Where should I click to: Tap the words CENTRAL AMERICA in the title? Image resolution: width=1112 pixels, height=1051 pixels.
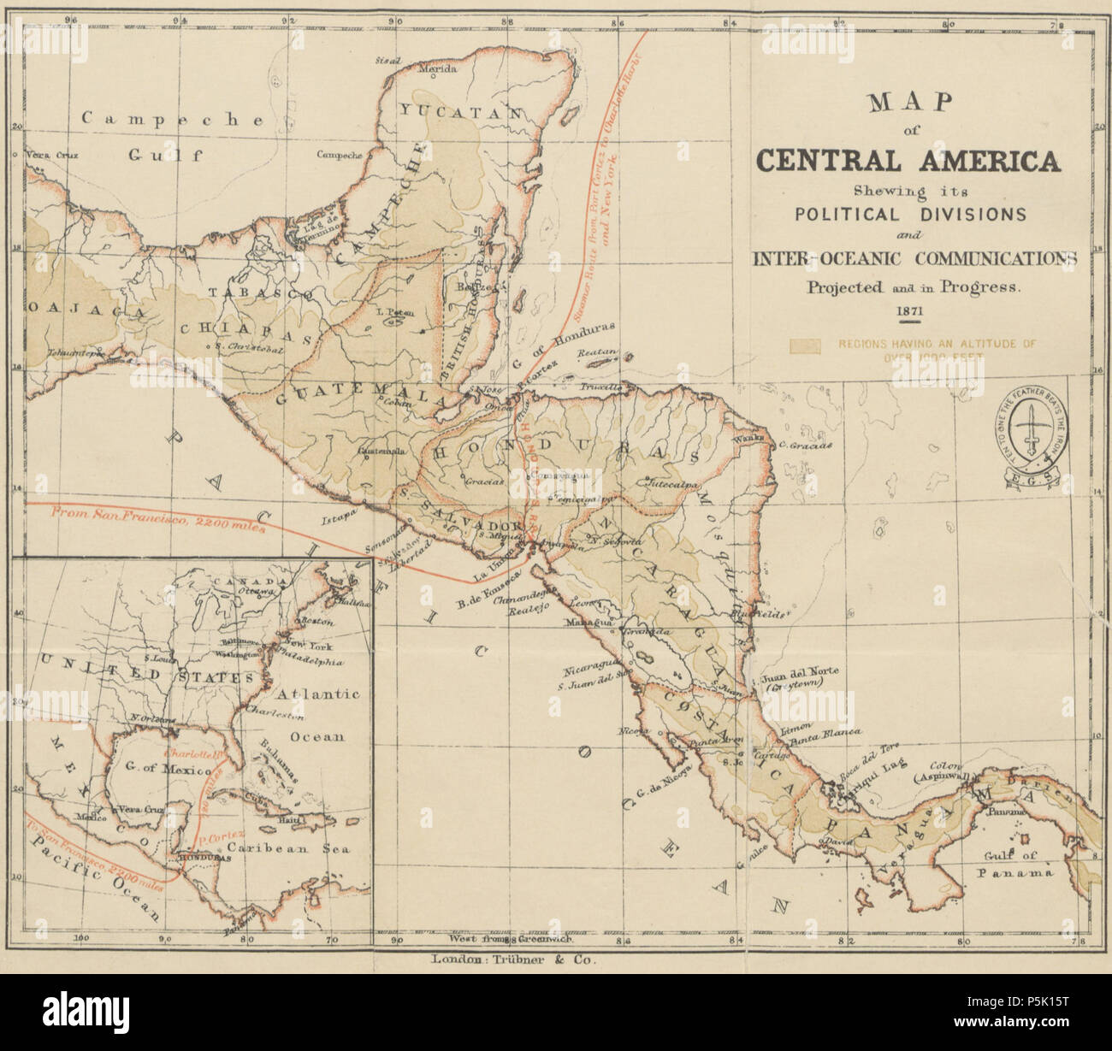click(x=908, y=162)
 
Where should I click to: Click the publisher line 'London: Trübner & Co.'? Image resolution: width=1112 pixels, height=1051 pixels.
click(x=514, y=959)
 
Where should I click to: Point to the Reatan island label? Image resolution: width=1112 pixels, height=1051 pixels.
click(x=597, y=351)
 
